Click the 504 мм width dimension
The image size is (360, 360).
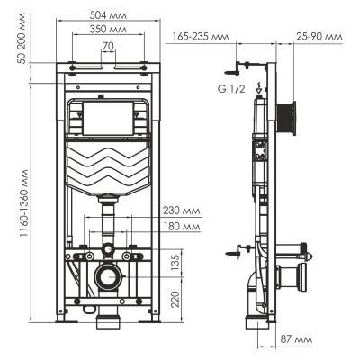(x=109, y=13)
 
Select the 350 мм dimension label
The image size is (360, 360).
(x=108, y=29)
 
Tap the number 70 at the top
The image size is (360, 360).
(x=107, y=45)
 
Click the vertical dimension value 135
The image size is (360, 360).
(x=176, y=262)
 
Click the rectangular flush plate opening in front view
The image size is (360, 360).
(x=108, y=118)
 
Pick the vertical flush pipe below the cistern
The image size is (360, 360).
(x=108, y=221)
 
